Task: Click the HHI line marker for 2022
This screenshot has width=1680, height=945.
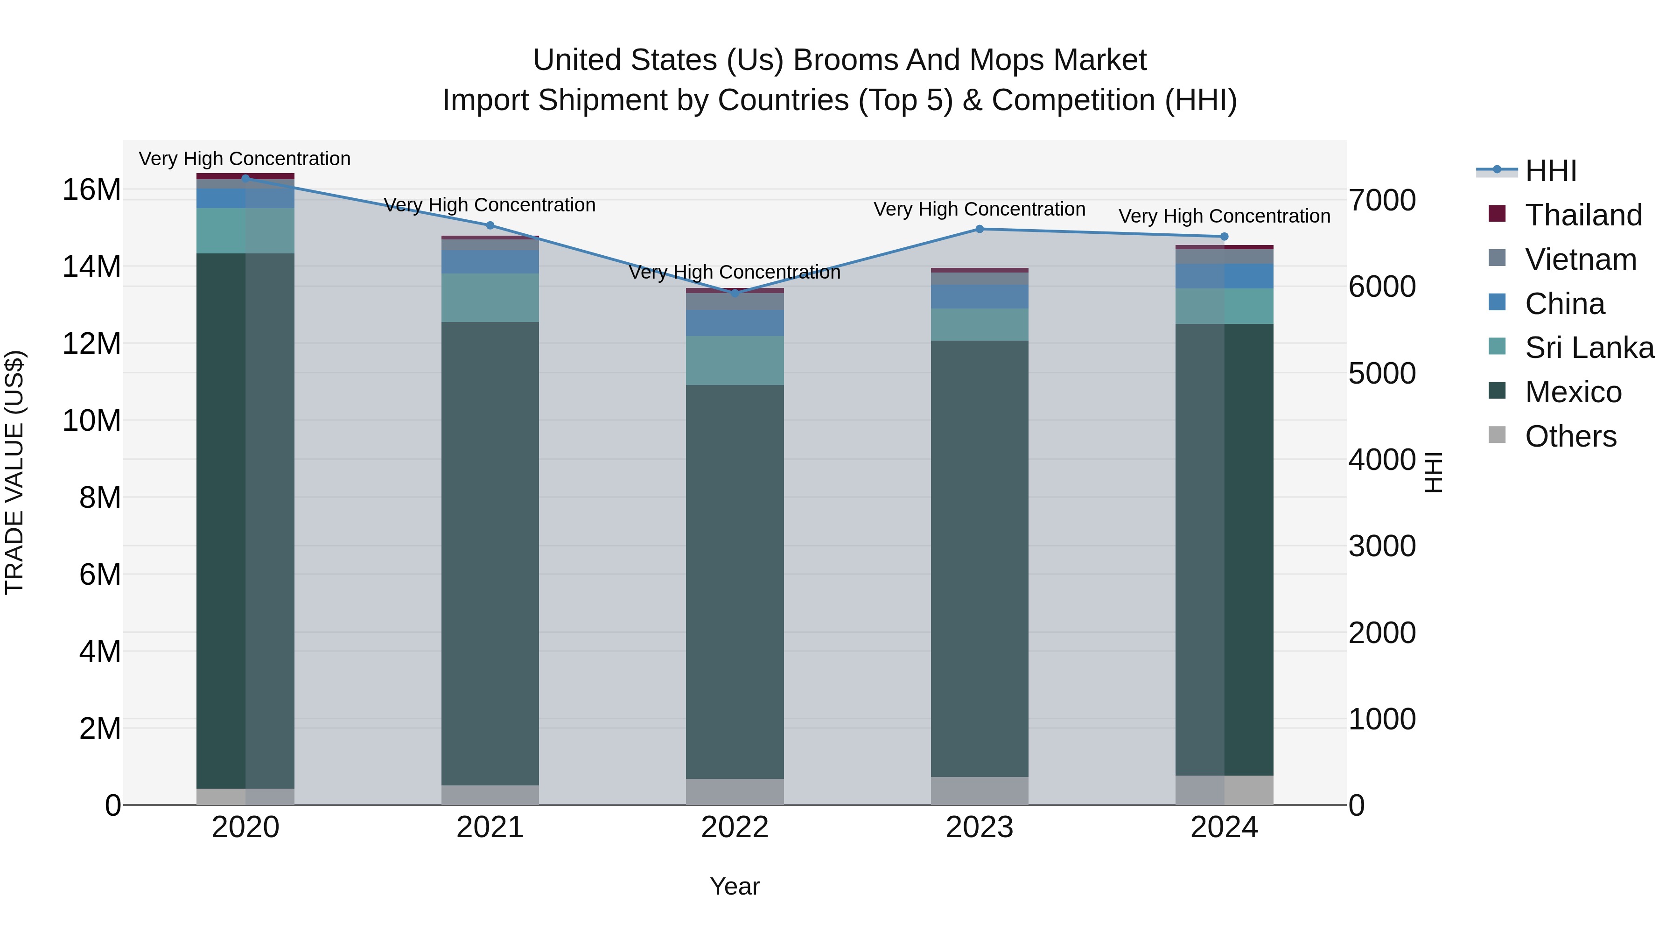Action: pos(735,294)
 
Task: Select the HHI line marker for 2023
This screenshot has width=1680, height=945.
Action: pos(980,229)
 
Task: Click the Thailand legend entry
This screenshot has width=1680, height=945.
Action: pos(1583,215)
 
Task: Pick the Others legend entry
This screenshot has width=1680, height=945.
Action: pos(1570,436)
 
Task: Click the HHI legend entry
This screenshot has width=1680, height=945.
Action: pos(1551,171)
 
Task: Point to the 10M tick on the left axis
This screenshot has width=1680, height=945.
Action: pos(91,420)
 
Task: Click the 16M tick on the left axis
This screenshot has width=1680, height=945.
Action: pos(91,190)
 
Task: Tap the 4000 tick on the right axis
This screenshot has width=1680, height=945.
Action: pos(1382,460)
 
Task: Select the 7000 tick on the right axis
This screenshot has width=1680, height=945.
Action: pos(1382,200)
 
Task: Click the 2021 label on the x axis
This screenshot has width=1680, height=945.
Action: pos(490,827)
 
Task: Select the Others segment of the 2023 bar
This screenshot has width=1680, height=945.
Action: pos(980,791)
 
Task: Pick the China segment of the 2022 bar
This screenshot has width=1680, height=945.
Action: pos(735,323)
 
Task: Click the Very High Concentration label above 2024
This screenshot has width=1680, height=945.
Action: pos(1224,216)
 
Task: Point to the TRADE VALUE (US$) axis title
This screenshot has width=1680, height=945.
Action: pos(14,472)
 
